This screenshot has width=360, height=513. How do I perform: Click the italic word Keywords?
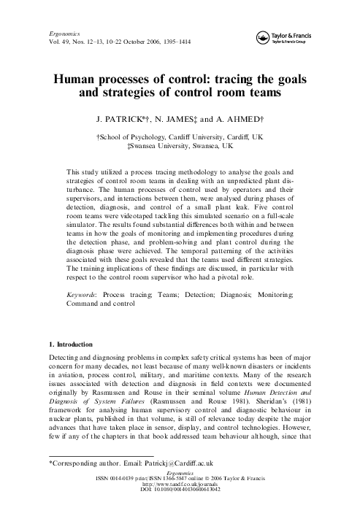[x=83, y=294]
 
